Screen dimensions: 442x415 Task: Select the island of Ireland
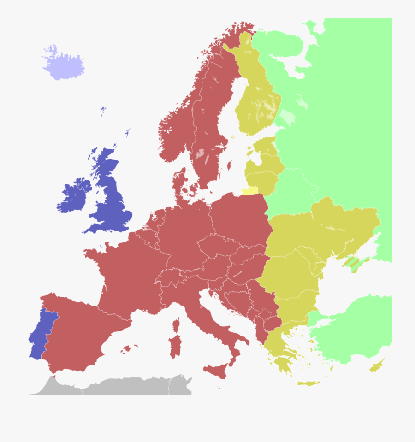coord(74,196)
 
